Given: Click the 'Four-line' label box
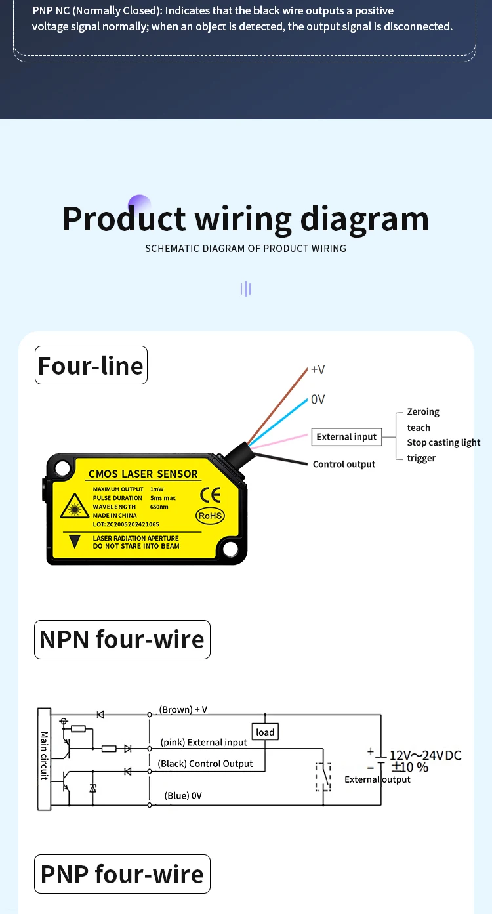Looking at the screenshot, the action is click(x=91, y=365).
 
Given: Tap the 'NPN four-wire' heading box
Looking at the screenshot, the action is click(x=123, y=639).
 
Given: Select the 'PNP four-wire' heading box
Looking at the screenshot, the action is click(x=123, y=873).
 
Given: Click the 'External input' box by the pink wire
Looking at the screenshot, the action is click(x=347, y=437).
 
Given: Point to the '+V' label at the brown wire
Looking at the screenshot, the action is click(x=318, y=369).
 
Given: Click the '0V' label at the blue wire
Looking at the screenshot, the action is click(x=318, y=400).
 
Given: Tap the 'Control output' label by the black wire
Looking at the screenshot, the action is click(x=344, y=465).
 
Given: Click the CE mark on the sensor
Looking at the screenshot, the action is click(x=210, y=495).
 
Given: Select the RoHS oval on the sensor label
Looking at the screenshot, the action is click(x=210, y=516).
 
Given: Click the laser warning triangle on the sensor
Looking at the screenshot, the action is click(x=74, y=507).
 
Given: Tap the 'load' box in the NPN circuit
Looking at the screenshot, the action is click(x=265, y=732).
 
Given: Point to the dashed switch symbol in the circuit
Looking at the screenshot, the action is click(x=323, y=777).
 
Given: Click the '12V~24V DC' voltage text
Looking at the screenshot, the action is click(x=426, y=755).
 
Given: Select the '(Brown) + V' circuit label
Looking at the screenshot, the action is click(x=183, y=709).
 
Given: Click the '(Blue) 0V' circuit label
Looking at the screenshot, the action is click(x=183, y=795).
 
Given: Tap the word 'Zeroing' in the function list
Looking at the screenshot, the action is click(x=423, y=412).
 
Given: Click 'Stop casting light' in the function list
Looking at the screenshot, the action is click(x=443, y=443).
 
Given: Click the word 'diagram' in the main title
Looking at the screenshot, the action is click(x=364, y=219).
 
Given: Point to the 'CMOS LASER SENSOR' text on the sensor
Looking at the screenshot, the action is click(x=143, y=474).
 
